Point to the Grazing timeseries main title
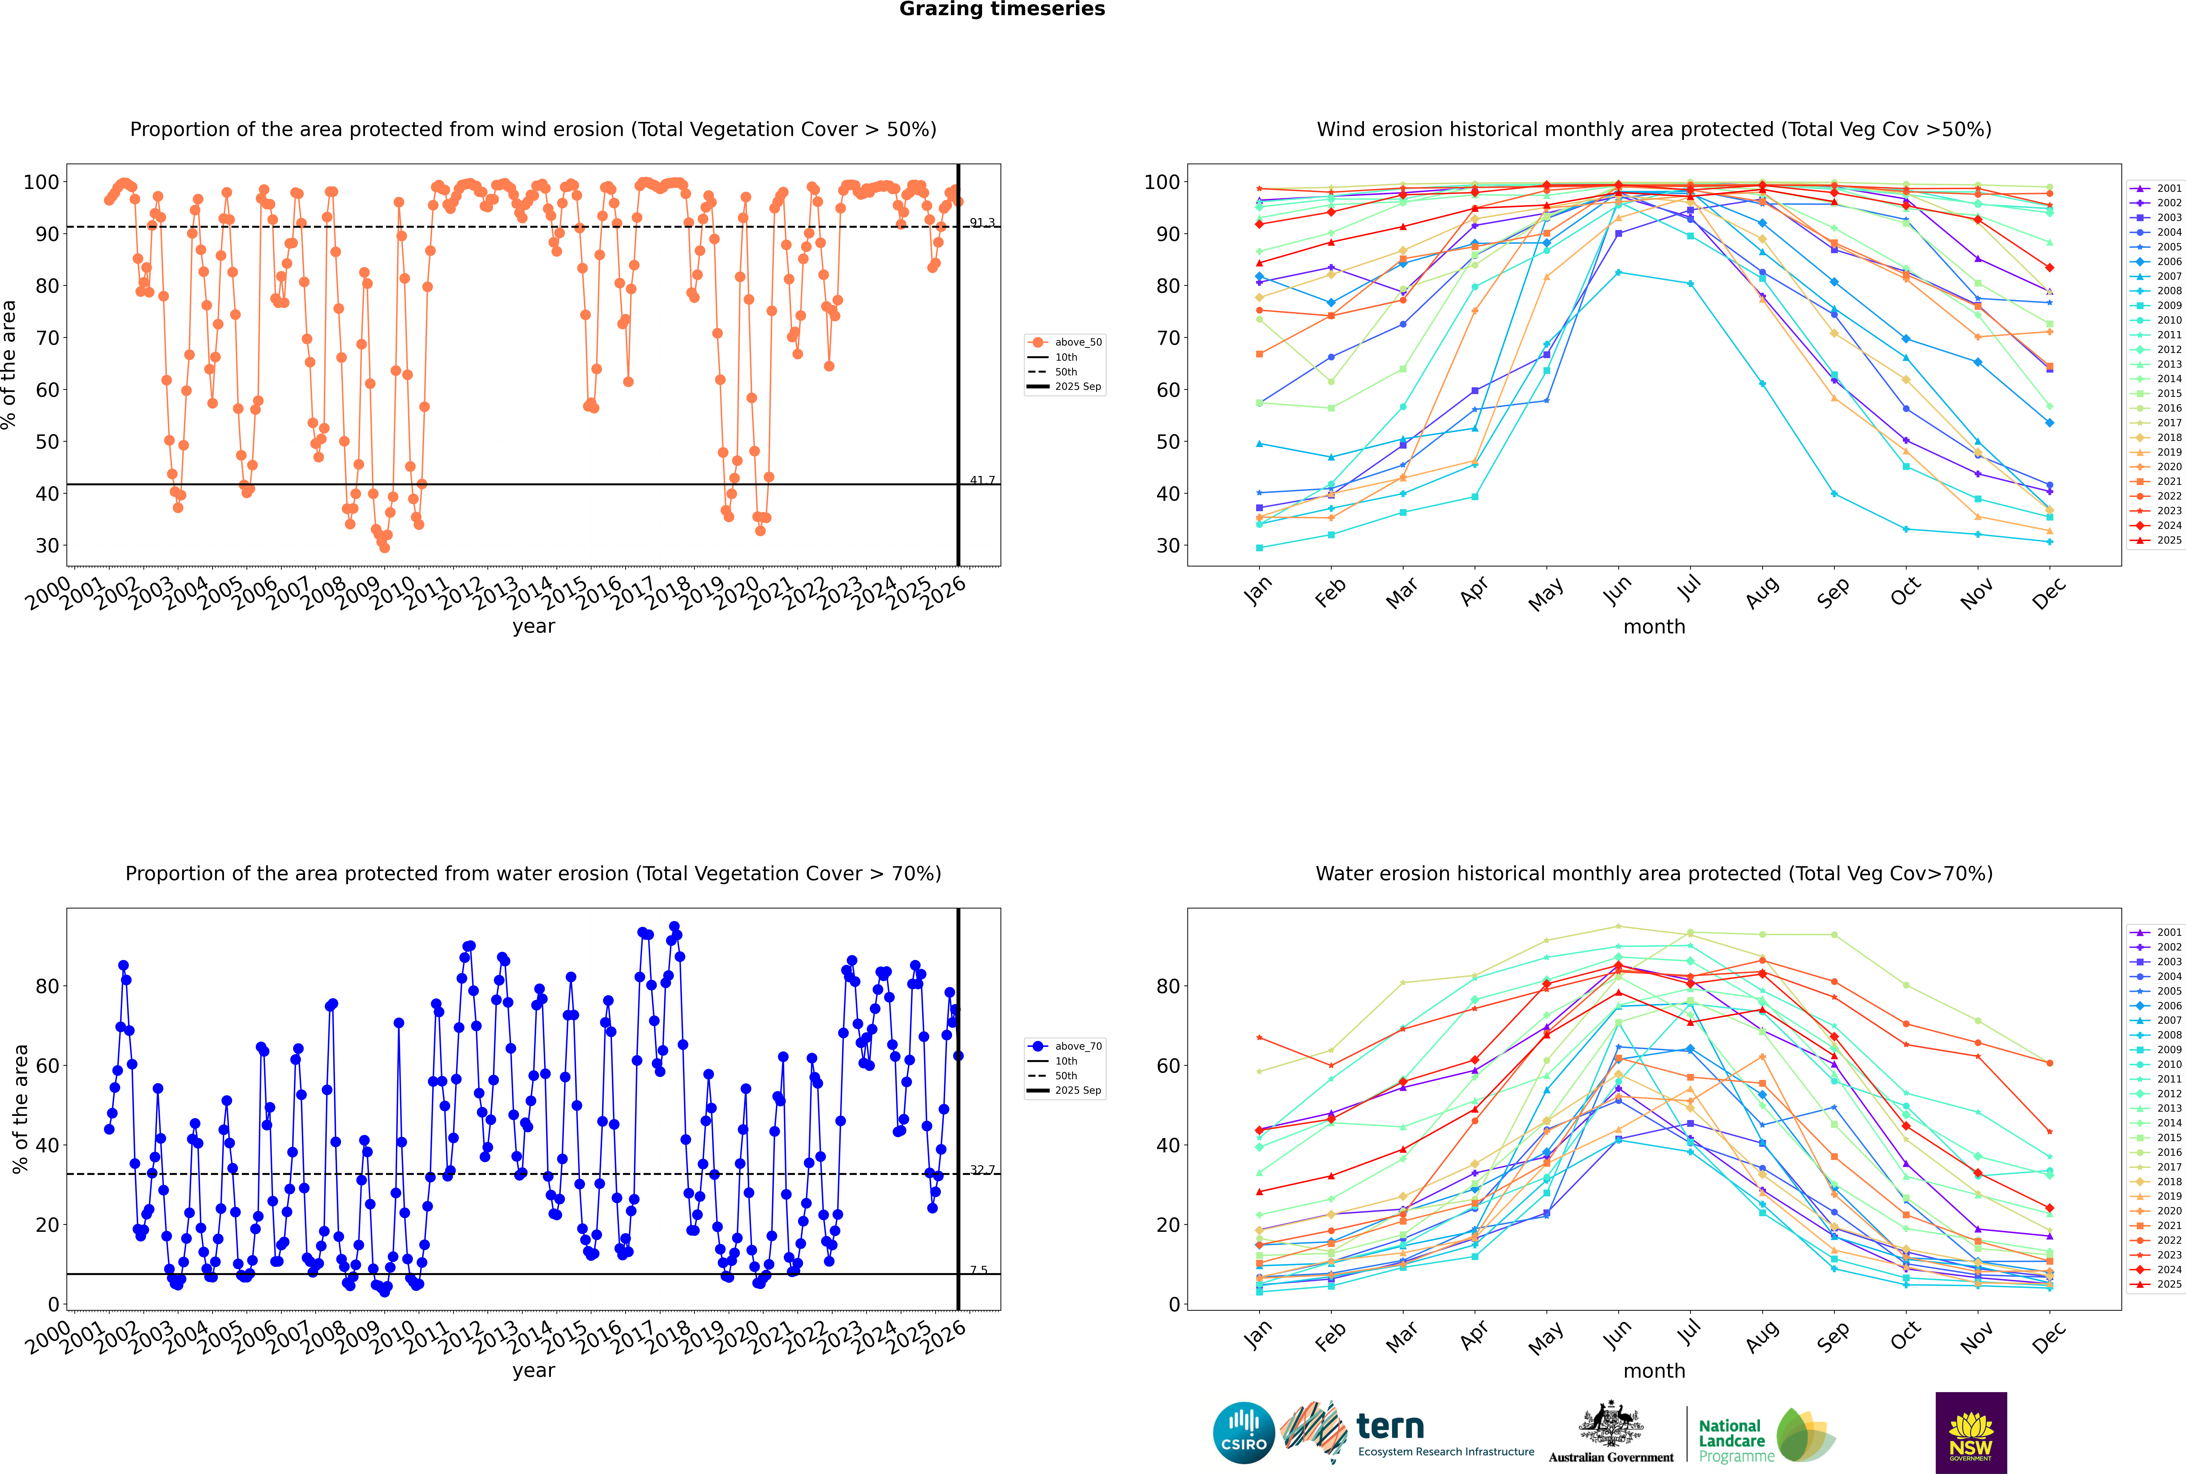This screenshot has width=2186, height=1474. pyautogui.click(x=1002, y=9)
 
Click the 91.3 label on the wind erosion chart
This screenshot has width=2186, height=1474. pyautogui.click(x=982, y=223)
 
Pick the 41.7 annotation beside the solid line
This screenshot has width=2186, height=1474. pyautogui.click(x=982, y=480)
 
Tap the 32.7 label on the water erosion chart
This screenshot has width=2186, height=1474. pyautogui.click(x=982, y=1170)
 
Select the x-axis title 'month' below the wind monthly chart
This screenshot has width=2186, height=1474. pyautogui.click(x=1654, y=627)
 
